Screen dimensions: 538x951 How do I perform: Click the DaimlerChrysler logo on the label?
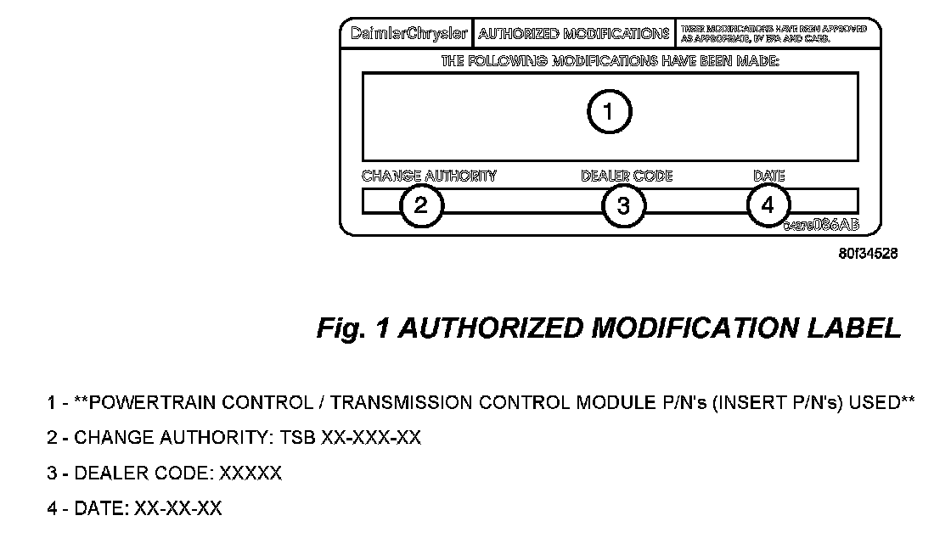click(x=408, y=35)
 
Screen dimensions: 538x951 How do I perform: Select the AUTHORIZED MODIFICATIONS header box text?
click(x=573, y=35)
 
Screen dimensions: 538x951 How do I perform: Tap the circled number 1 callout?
click(x=610, y=112)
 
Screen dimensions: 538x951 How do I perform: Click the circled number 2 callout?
click(x=421, y=205)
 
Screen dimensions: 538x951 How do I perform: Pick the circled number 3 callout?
click(x=624, y=205)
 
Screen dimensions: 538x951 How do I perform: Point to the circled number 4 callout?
click(x=768, y=205)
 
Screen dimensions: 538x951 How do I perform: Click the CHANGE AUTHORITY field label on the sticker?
click(x=429, y=177)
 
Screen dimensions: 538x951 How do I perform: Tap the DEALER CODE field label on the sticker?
click(x=627, y=177)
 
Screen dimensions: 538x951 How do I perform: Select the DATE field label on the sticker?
click(x=769, y=177)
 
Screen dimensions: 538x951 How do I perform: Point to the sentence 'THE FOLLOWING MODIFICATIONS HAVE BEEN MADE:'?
click(x=610, y=62)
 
